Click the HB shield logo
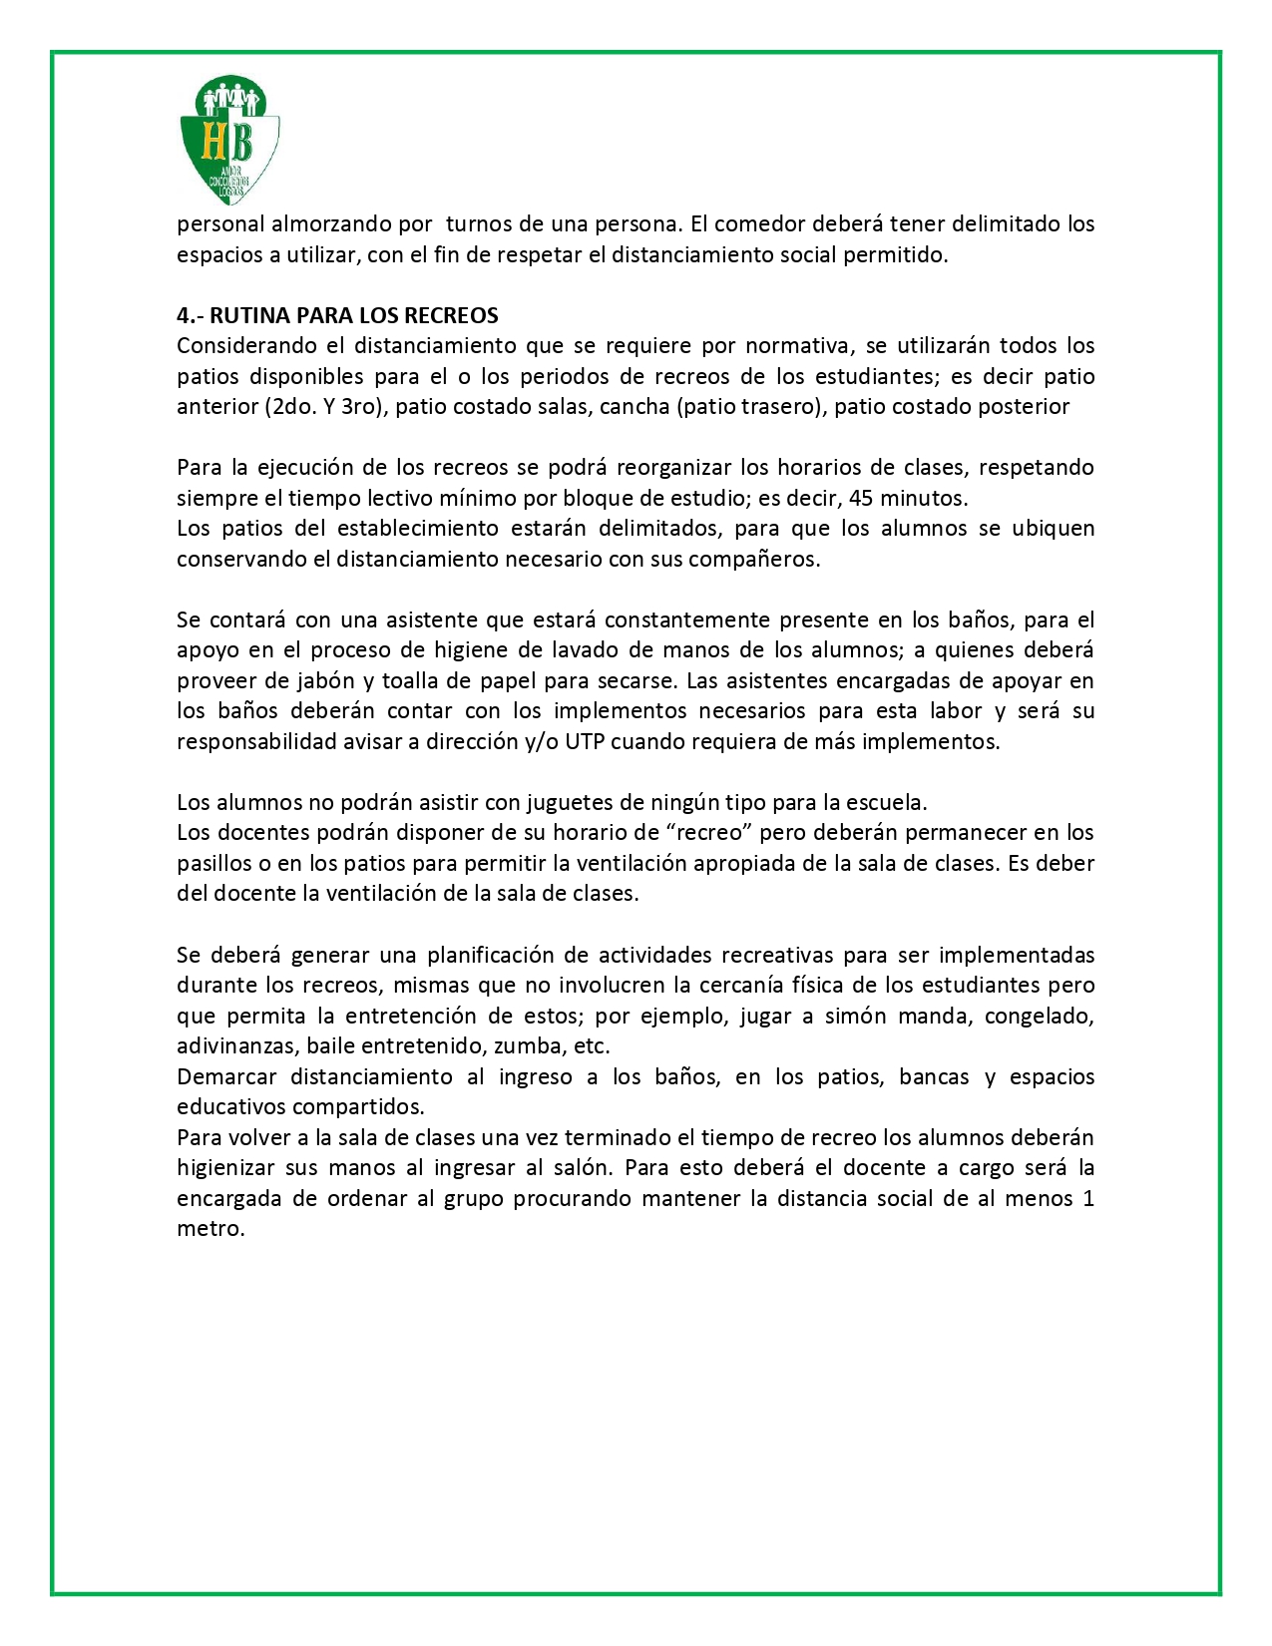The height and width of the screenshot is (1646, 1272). tap(228, 140)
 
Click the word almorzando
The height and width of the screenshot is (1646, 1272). tap(352, 224)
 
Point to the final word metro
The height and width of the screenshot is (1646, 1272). tap(211, 1229)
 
